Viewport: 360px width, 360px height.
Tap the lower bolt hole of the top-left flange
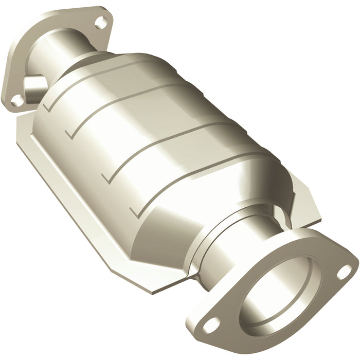17,100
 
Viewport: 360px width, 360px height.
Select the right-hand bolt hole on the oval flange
341,274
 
